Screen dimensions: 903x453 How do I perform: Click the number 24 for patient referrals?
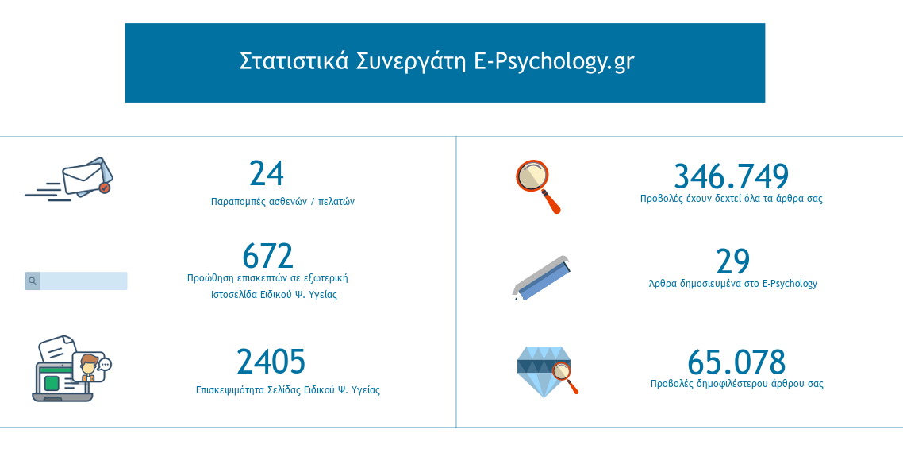click(267, 173)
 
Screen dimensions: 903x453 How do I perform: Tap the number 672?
click(267, 256)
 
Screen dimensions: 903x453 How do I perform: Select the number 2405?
click(271, 362)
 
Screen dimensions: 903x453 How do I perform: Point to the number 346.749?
click(731, 176)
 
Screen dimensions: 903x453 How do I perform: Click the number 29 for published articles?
click(732, 261)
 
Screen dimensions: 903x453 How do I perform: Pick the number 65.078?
click(736, 362)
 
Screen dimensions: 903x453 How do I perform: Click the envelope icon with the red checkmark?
click(68, 179)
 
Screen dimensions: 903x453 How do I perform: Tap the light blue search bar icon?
click(76, 281)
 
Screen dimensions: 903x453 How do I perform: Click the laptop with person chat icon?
click(71, 369)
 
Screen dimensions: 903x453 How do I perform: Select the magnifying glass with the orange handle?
click(538, 187)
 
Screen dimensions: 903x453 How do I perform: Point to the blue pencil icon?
click(541, 278)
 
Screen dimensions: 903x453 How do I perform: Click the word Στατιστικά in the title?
click(294, 61)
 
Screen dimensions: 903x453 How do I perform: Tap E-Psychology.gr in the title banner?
click(554, 62)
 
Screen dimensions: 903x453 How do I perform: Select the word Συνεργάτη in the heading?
click(411, 62)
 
